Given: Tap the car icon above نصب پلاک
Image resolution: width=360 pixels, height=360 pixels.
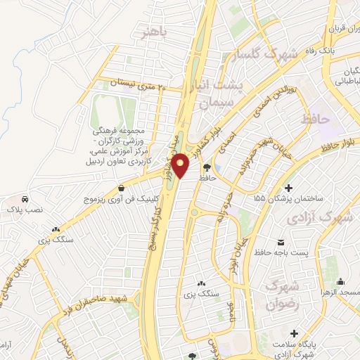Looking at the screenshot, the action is point(25,198).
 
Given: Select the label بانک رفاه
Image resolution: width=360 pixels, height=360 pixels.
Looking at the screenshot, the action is point(338,51).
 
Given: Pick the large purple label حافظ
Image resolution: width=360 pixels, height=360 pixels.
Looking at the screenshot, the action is point(314,120).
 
